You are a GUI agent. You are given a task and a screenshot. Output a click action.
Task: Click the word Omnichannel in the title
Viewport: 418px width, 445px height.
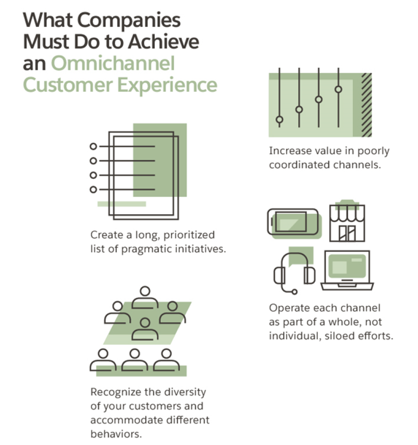point(113,64)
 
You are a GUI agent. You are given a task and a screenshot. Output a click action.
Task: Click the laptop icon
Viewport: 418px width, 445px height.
point(347,270)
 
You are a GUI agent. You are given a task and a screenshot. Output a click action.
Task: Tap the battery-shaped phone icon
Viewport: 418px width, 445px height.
point(293,223)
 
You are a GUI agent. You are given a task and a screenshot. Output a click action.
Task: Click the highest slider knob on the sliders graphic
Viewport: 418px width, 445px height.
point(338,89)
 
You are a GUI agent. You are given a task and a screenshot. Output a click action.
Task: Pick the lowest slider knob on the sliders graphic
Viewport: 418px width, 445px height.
point(279,119)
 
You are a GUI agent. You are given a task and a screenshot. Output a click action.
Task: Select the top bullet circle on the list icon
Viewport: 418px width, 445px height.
point(92,146)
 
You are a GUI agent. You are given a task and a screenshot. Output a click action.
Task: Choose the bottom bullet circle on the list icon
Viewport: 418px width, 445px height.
point(92,189)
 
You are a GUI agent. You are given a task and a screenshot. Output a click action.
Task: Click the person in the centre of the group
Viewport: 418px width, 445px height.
point(145,328)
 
